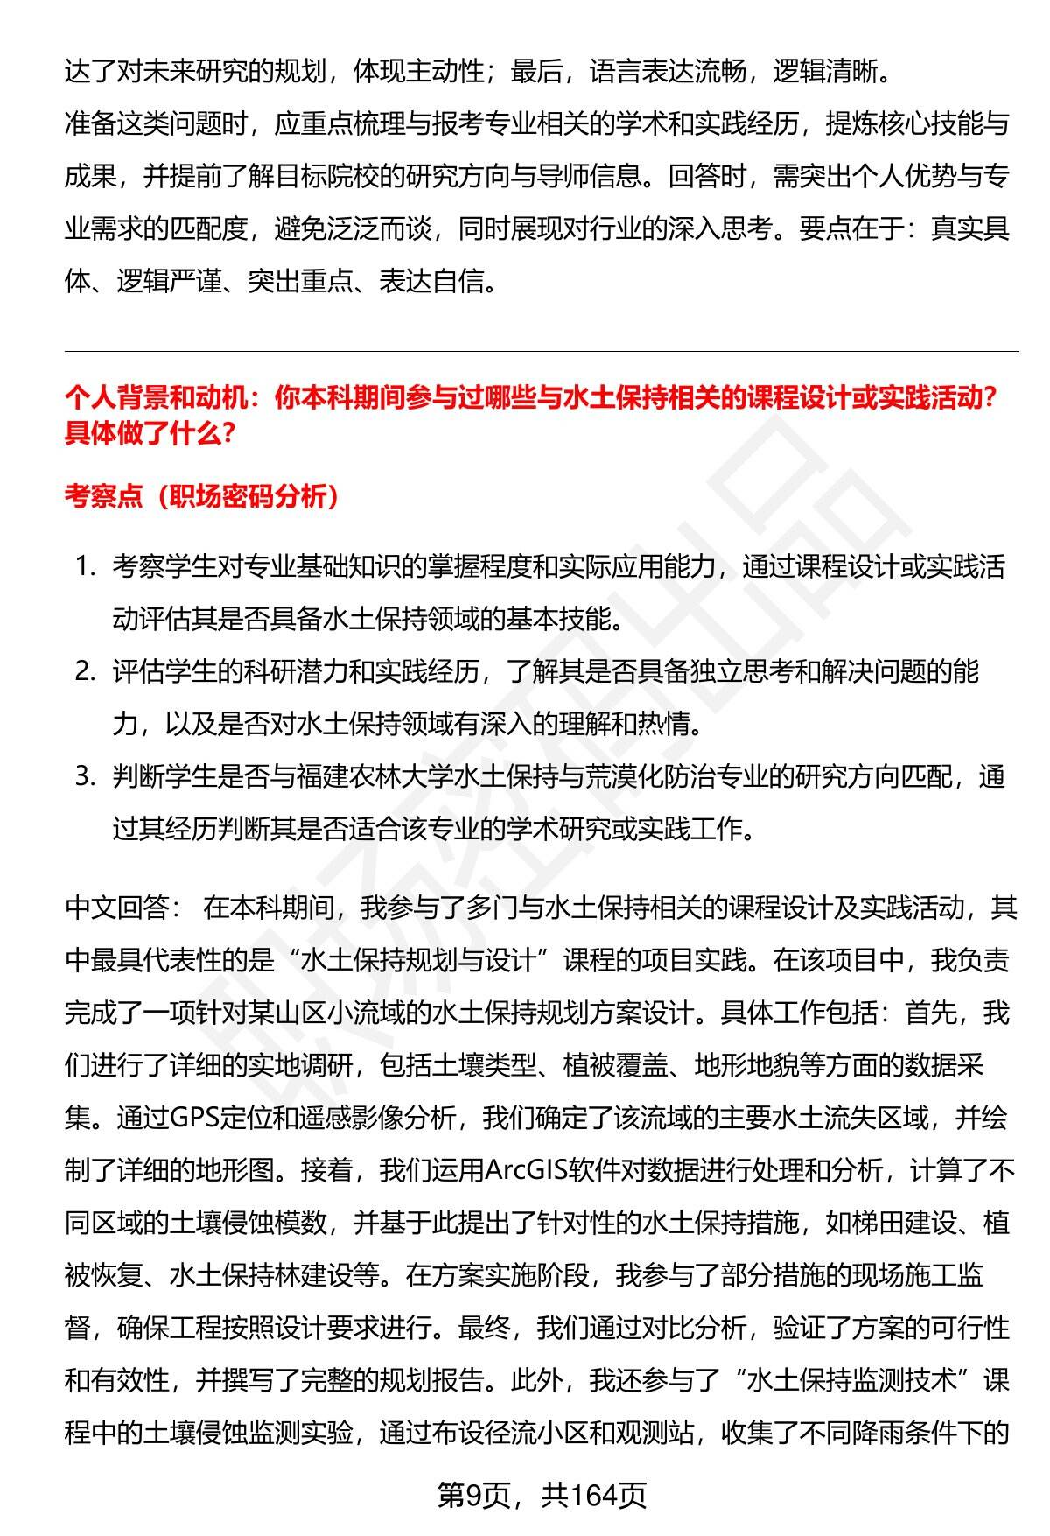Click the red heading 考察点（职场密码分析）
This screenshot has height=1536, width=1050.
[x=202, y=497]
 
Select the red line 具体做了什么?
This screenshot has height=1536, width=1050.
[x=150, y=433]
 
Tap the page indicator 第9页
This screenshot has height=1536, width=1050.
[x=474, y=1496]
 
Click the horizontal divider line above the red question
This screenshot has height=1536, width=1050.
[x=542, y=352]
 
